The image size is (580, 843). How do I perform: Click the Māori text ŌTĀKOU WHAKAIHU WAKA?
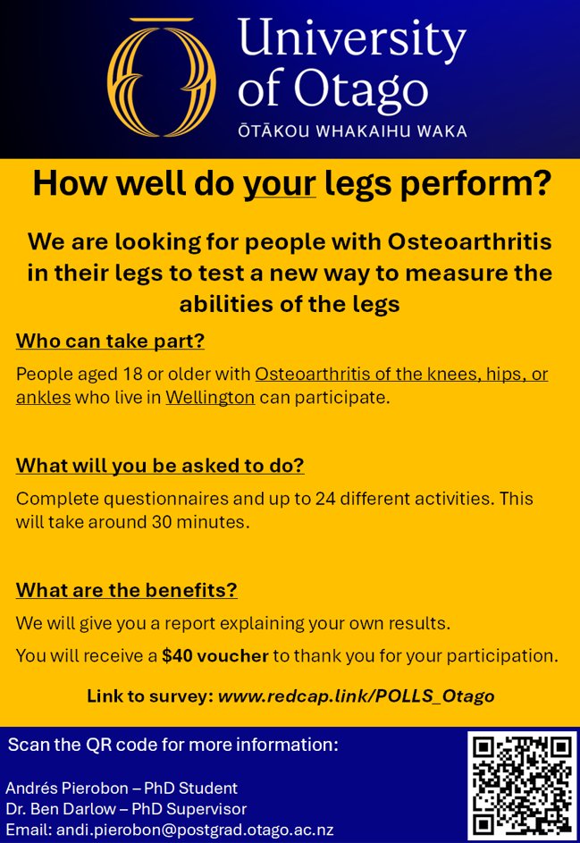click(352, 131)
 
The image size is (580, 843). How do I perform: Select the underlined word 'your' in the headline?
click(280, 184)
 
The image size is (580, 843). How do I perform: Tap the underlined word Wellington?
click(210, 397)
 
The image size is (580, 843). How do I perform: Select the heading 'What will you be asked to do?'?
click(160, 465)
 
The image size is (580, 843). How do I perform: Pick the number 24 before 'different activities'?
click(326, 498)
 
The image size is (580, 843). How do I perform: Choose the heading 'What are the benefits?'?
click(126, 590)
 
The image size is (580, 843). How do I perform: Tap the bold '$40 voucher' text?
click(215, 655)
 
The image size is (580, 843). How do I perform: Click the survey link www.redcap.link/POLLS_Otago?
click(356, 695)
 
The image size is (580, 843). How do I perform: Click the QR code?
click(522, 785)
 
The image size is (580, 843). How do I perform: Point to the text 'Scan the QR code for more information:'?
click(172, 745)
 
